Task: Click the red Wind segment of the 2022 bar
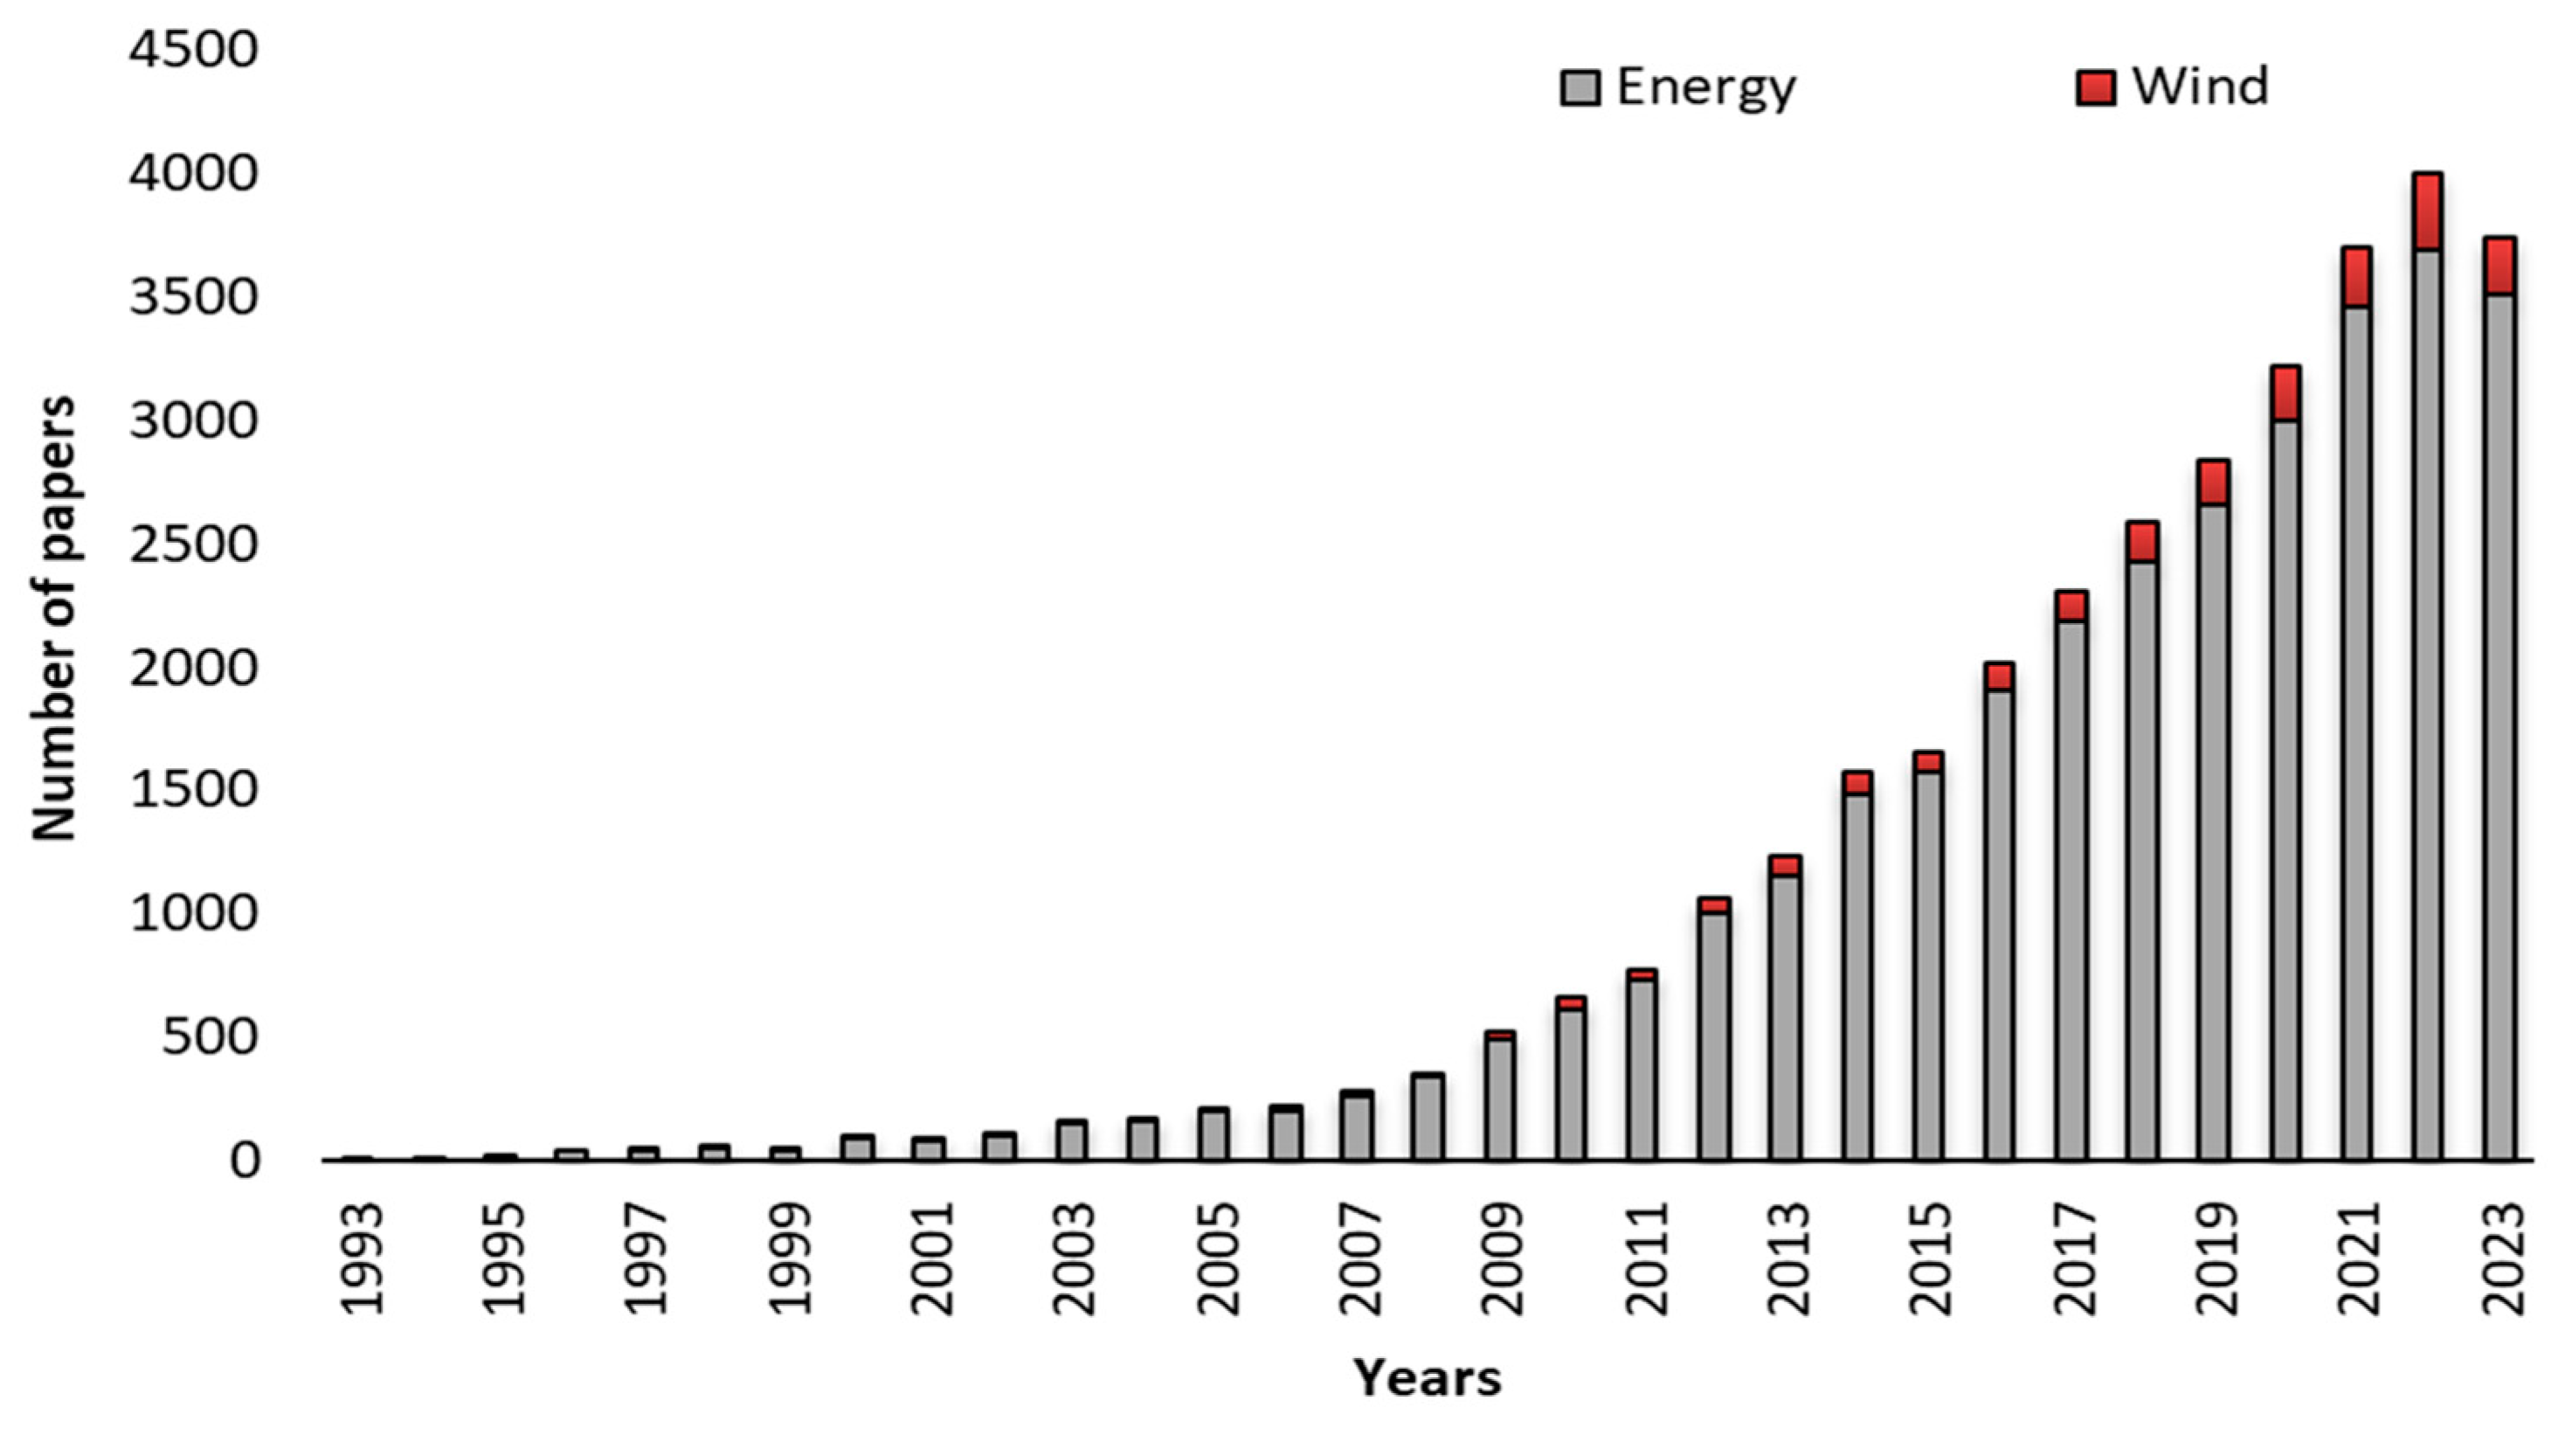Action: click(2427, 211)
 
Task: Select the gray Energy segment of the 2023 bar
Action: click(2499, 727)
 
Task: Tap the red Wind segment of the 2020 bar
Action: click(2285, 393)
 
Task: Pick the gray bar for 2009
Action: click(1499, 1100)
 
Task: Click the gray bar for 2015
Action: click(1928, 966)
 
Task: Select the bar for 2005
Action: click(1213, 1135)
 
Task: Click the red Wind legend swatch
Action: click(2095, 87)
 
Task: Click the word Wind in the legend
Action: click(2200, 87)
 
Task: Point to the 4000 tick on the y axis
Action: click(192, 173)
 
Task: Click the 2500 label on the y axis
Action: click(192, 544)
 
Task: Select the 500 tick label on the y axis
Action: click(210, 1036)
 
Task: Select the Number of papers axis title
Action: click(52, 617)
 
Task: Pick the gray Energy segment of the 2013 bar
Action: click(1786, 1016)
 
